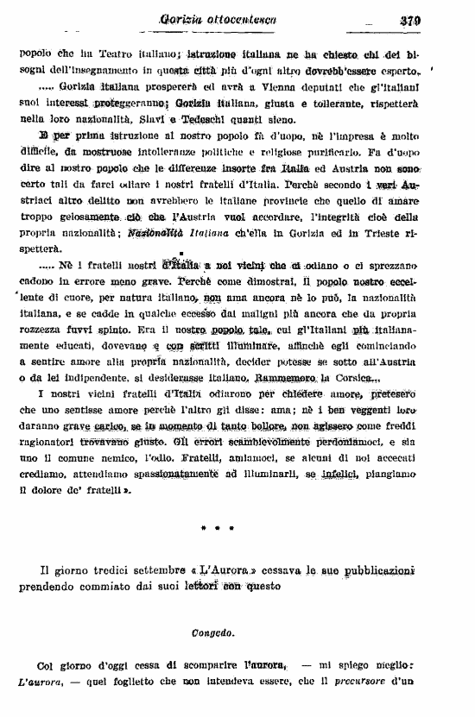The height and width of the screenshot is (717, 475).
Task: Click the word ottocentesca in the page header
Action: click(x=245, y=21)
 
